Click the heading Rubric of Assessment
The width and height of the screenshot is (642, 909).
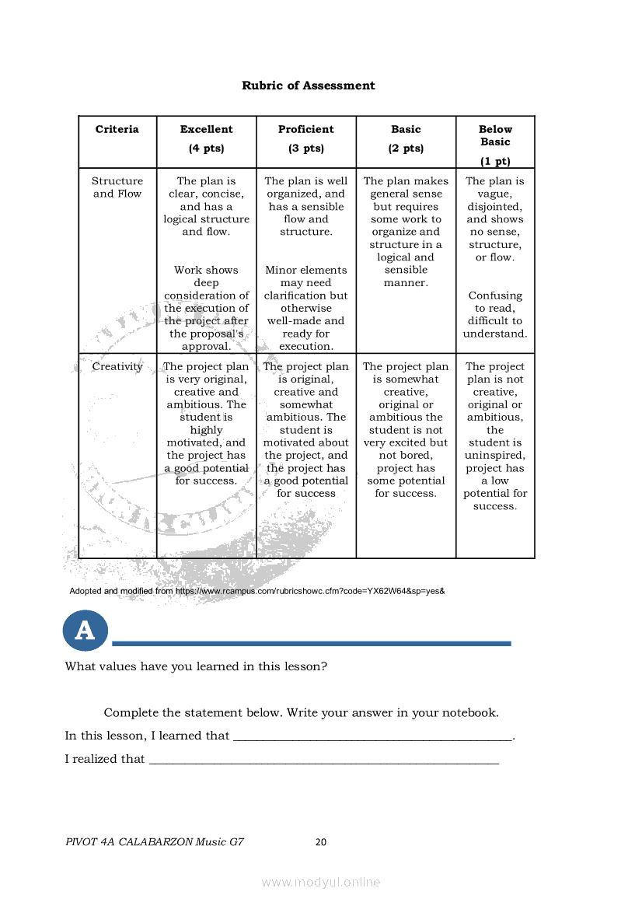(x=308, y=86)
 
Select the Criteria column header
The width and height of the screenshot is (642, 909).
(x=117, y=129)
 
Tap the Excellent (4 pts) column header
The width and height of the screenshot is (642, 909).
(x=206, y=138)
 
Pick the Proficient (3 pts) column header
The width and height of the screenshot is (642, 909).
(x=305, y=138)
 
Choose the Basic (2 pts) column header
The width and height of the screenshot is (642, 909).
(x=406, y=138)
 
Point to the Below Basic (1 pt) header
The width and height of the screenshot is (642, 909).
(x=495, y=145)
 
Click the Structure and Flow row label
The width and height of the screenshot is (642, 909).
(x=117, y=187)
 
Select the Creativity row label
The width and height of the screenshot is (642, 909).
(x=117, y=366)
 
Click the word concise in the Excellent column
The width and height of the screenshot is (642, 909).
(x=223, y=194)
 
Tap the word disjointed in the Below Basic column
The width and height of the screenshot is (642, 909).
(x=494, y=207)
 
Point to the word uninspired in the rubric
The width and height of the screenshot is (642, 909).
(x=495, y=455)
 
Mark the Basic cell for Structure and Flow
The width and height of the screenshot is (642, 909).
(x=406, y=232)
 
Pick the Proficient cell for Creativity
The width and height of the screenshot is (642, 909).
(x=305, y=430)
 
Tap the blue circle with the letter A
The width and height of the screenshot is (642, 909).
(x=85, y=630)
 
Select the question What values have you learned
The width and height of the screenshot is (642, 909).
(x=196, y=666)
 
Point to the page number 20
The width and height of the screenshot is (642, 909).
(x=321, y=841)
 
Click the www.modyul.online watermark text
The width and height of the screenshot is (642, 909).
(x=321, y=882)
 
